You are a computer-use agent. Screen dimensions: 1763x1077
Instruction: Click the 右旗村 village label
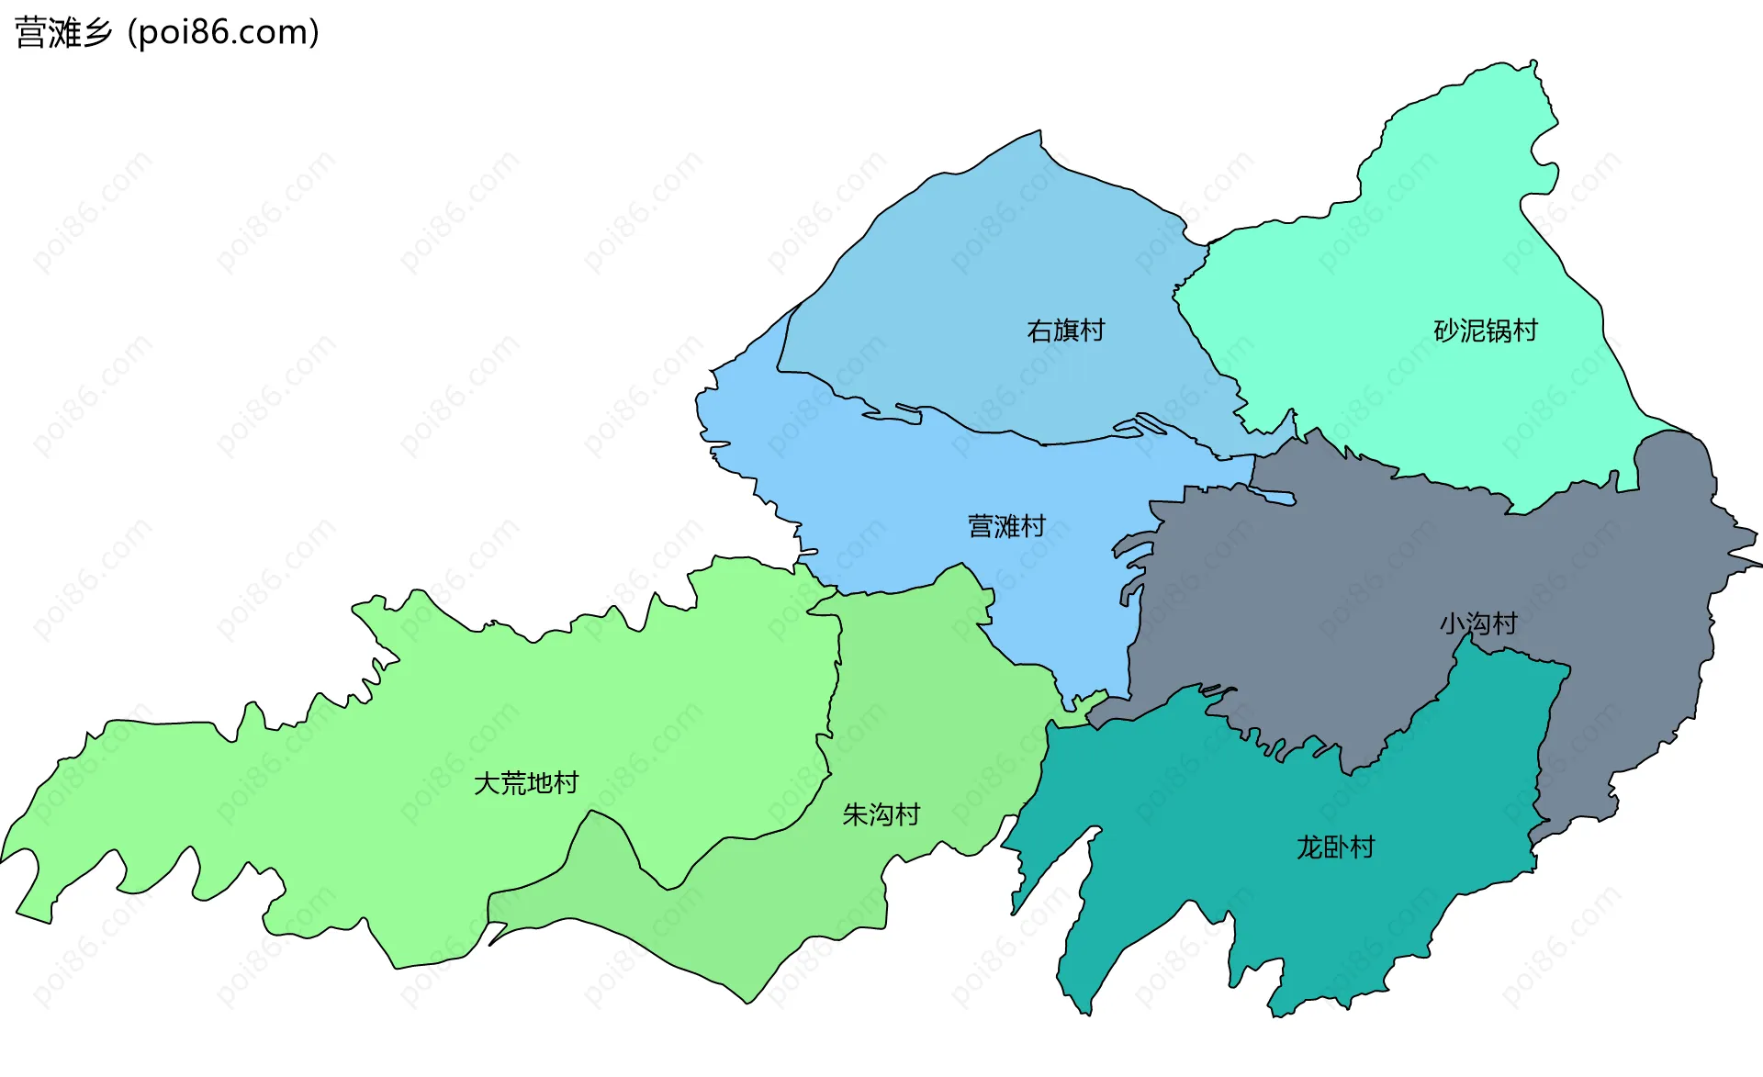coord(1065,331)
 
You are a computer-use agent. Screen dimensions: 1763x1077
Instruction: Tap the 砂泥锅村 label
coord(1486,331)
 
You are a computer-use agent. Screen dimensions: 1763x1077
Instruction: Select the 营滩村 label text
coord(1006,526)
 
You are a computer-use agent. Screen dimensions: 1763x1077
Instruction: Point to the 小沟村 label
coord(1478,624)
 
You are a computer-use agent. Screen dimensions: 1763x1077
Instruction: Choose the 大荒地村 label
coord(526,783)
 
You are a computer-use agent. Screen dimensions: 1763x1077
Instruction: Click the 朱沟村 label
coord(881,814)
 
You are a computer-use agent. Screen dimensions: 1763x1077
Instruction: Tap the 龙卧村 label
coord(1335,847)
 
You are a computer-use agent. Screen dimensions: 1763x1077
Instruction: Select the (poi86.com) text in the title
coord(223,33)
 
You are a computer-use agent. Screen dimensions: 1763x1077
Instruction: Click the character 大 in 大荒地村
coord(487,783)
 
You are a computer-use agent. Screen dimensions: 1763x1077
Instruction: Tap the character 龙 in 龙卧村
coord(1309,847)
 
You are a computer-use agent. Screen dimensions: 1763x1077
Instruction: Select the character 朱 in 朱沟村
coord(855,814)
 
